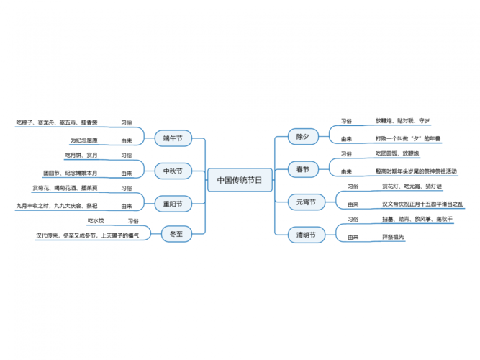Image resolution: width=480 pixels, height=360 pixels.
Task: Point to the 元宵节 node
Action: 306,202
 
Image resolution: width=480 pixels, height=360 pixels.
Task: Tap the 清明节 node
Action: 306,234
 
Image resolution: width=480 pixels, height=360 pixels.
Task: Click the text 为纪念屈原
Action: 84,140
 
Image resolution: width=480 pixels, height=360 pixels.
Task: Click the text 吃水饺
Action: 96,220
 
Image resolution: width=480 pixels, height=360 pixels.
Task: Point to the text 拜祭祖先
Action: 395,237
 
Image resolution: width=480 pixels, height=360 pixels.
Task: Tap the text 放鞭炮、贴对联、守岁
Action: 403,120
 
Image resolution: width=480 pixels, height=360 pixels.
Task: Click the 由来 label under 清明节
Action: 353,237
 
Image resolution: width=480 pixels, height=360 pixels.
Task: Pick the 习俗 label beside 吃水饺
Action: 133,220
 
